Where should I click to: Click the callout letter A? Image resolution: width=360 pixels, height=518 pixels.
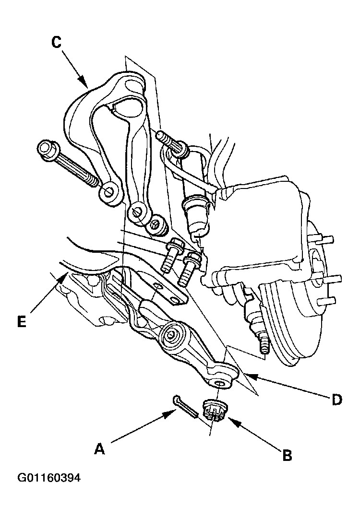(99, 449)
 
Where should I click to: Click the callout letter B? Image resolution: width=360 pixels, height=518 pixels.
(288, 455)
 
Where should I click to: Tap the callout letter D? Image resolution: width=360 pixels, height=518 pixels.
(336, 400)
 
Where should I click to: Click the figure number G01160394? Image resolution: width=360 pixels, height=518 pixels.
(49, 478)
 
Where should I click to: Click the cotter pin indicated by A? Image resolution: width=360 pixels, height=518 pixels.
(186, 407)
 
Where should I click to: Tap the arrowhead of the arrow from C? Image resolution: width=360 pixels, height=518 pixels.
(84, 83)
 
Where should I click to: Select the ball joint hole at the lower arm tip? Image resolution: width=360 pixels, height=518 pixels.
(220, 383)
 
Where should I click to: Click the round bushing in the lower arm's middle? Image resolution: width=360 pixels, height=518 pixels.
(171, 335)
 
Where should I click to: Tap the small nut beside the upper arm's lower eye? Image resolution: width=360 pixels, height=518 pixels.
(156, 226)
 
